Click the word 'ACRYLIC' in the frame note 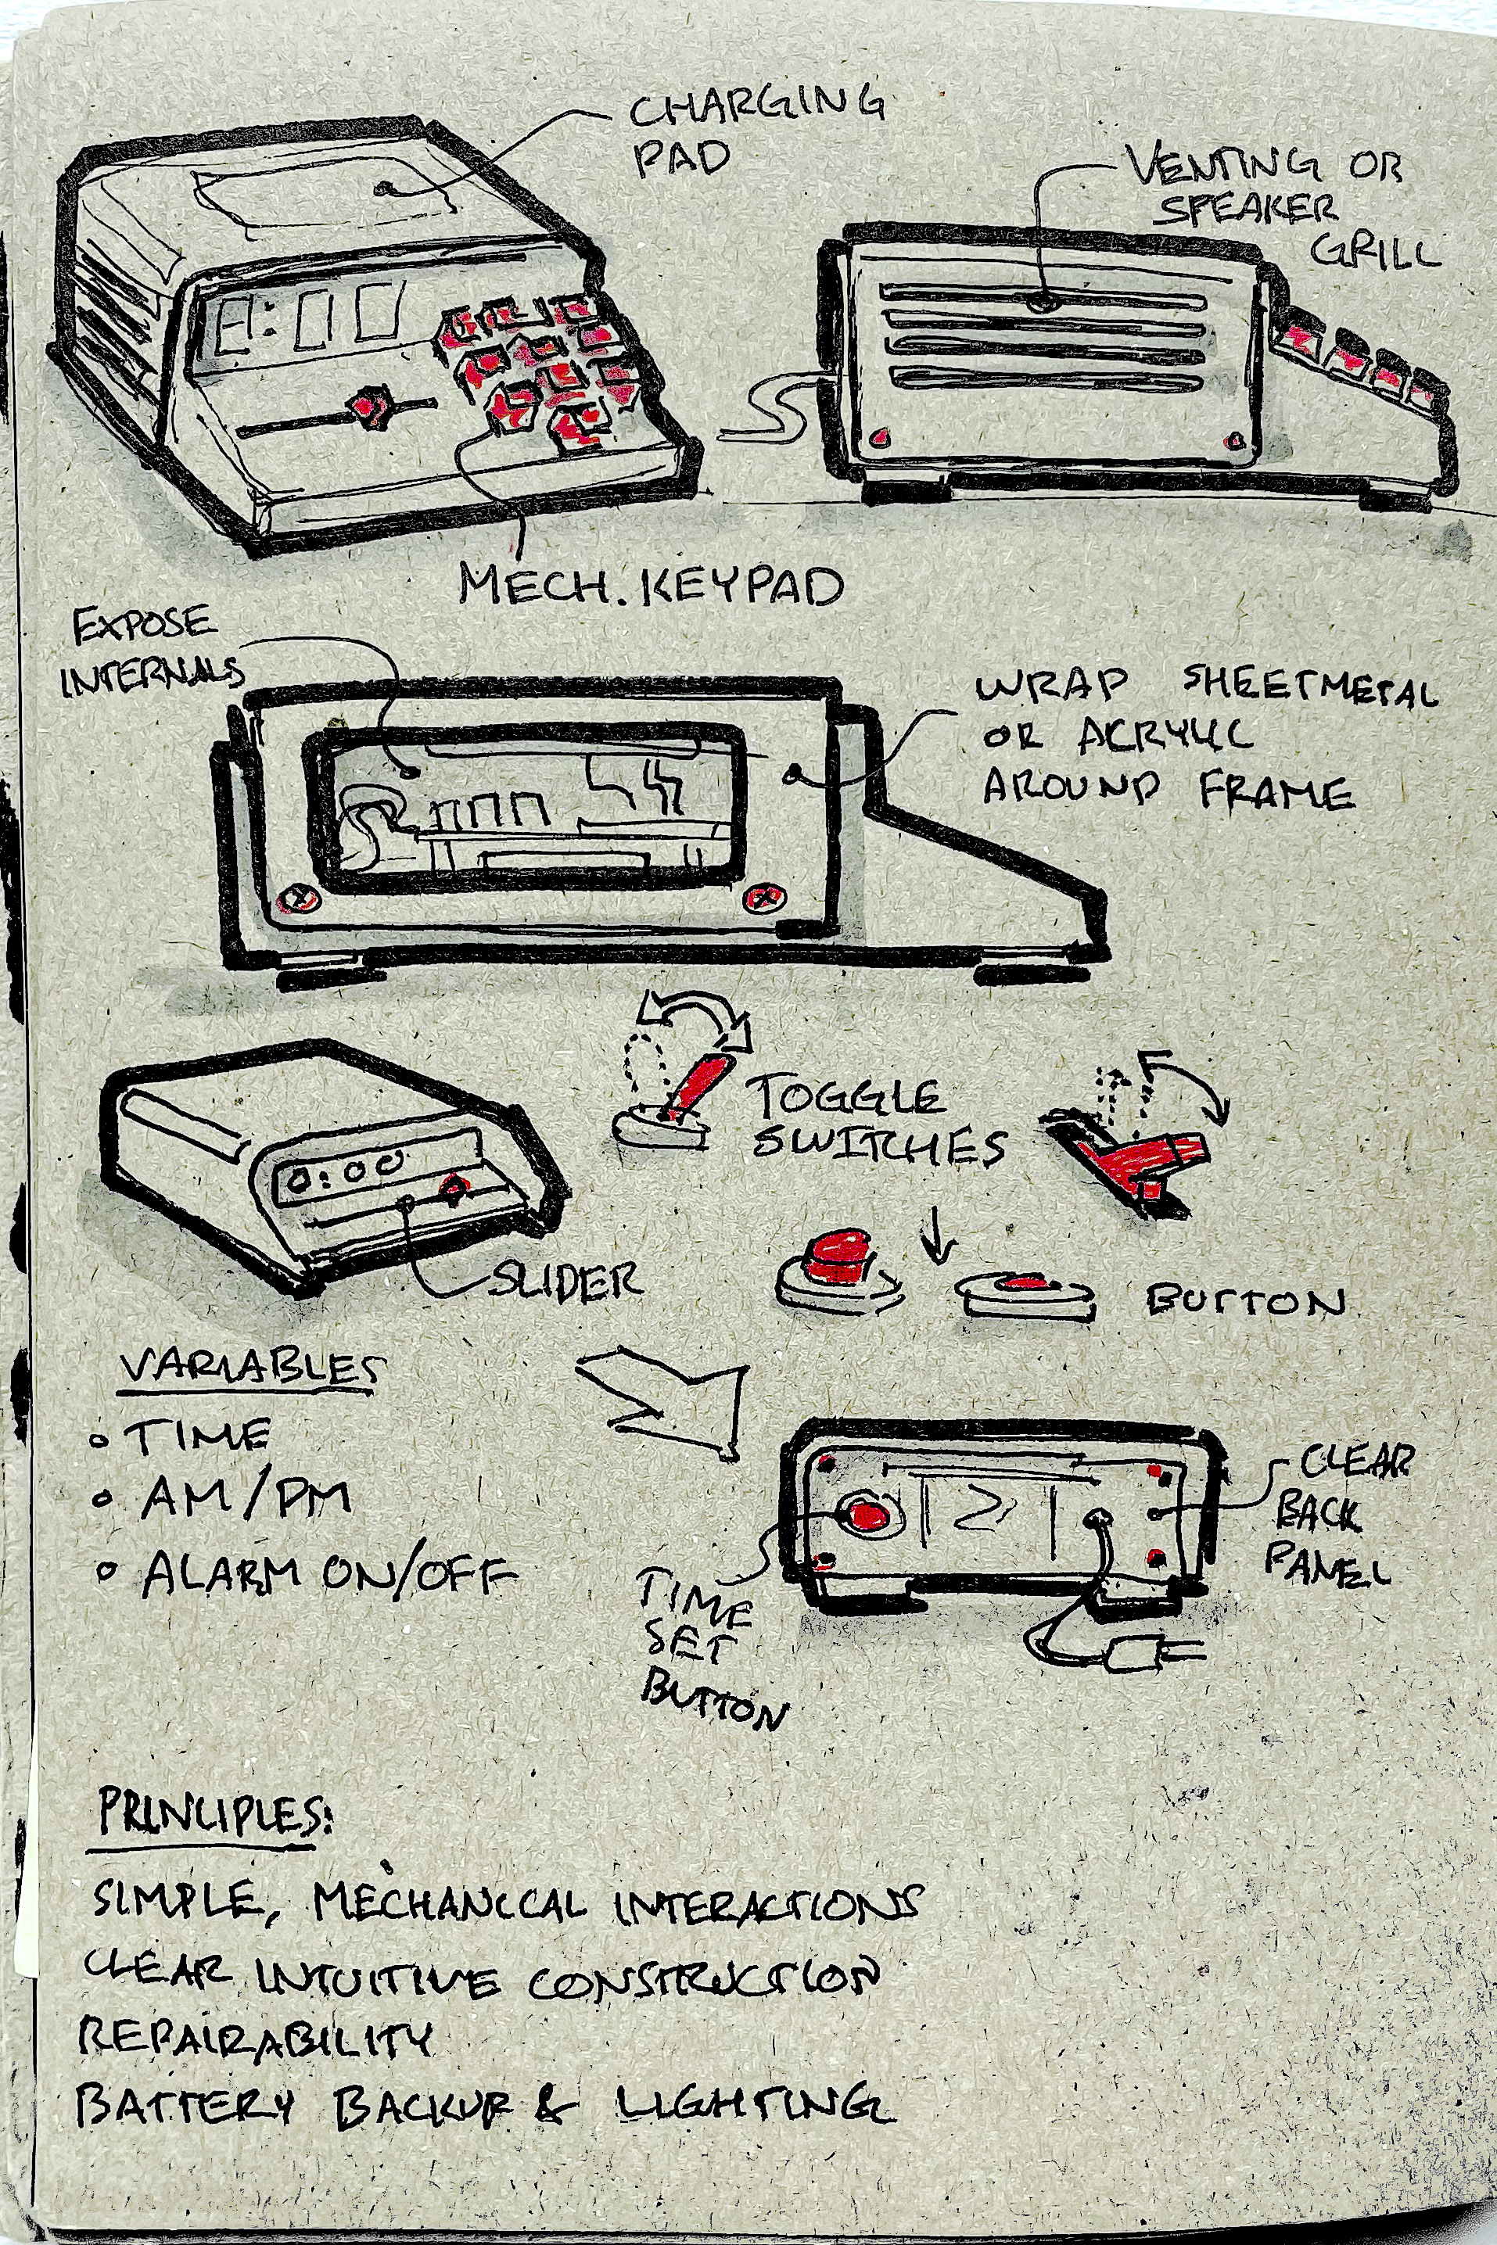click(1165, 735)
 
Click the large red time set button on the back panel click(867, 1514)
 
